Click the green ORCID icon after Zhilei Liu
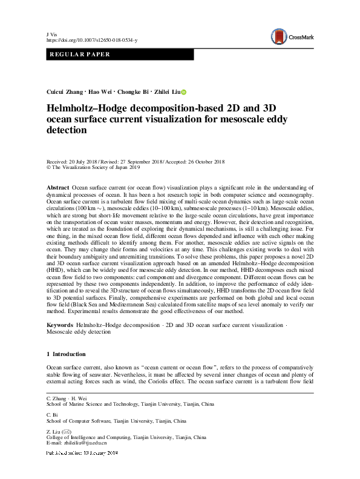coord(184,92)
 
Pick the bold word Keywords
coord(60,325)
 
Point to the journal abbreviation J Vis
coord(51,33)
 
